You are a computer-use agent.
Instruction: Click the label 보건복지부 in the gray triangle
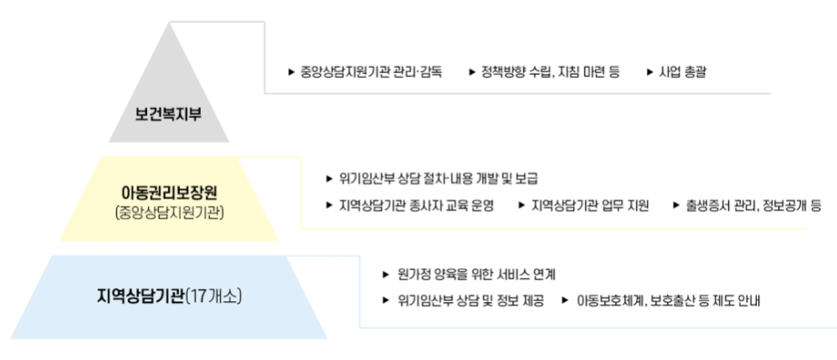[x=168, y=113]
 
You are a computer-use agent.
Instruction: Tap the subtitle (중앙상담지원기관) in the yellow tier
[x=169, y=213]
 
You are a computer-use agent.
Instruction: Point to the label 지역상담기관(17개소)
[x=170, y=296]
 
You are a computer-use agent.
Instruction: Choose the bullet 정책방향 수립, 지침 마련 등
[x=550, y=72]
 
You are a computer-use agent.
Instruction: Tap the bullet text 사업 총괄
[x=683, y=72]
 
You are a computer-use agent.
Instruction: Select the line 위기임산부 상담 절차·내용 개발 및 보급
[x=438, y=178]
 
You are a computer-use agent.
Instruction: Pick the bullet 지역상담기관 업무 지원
[x=590, y=205]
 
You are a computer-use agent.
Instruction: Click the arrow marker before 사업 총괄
[x=650, y=72]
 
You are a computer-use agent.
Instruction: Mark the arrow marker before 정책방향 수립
[x=473, y=72]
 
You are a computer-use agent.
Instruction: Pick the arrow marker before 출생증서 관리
[x=676, y=205]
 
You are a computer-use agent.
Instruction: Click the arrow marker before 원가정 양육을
[x=385, y=274]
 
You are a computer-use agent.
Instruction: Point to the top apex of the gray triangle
[x=169, y=24]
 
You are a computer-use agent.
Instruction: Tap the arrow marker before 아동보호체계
[x=566, y=301]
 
